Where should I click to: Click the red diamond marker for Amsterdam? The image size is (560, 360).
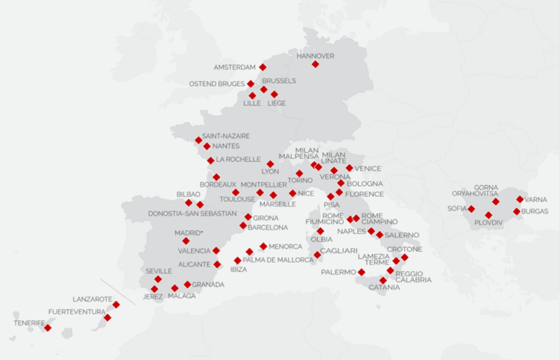(262, 67)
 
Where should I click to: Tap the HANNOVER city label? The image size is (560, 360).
(315, 55)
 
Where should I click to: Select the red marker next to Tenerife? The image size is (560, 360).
(47, 328)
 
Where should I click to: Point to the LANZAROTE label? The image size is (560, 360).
(93, 299)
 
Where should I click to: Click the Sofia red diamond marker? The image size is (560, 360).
(471, 209)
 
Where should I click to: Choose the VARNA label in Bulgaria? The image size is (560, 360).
(536, 199)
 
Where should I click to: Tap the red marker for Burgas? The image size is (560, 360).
(516, 212)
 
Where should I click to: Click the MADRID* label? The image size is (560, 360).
(189, 232)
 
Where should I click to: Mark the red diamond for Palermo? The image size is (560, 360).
(361, 273)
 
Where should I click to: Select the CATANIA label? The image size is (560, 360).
(384, 288)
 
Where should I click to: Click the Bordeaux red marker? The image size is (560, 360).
(216, 177)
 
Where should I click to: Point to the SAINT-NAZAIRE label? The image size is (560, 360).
(225, 136)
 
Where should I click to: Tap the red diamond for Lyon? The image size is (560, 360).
(270, 164)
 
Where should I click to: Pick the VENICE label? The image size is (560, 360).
(367, 169)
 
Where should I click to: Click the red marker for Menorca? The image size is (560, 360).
(263, 246)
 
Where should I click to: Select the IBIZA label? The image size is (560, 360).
(238, 270)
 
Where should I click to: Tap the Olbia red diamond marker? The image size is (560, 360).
(320, 231)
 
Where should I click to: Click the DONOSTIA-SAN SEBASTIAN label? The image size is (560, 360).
(192, 214)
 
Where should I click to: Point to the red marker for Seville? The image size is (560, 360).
(158, 279)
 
